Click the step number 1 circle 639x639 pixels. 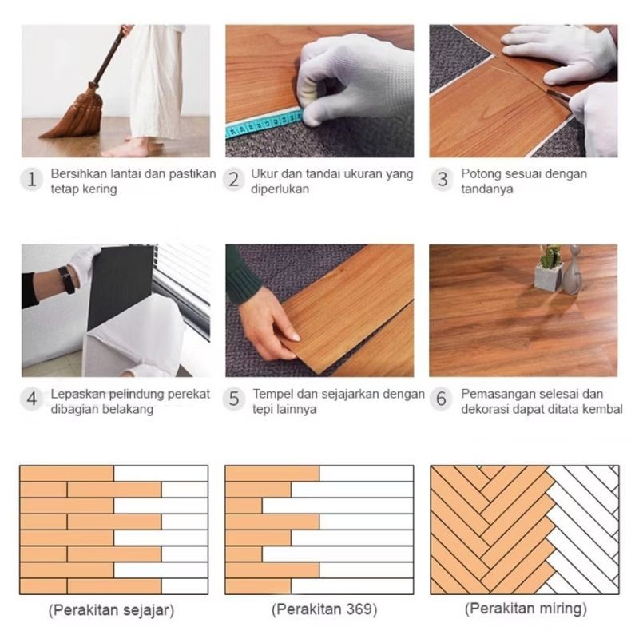[x=32, y=180]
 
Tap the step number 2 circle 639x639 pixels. [x=234, y=180]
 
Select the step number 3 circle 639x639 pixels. [x=443, y=180]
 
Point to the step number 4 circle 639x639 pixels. [x=32, y=399]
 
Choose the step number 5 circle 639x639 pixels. [x=234, y=399]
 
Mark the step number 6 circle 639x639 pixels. [x=443, y=399]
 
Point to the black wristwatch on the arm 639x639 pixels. [x=67, y=279]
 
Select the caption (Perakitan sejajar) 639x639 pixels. [x=112, y=611]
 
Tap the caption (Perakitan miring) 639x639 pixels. [x=526, y=609]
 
